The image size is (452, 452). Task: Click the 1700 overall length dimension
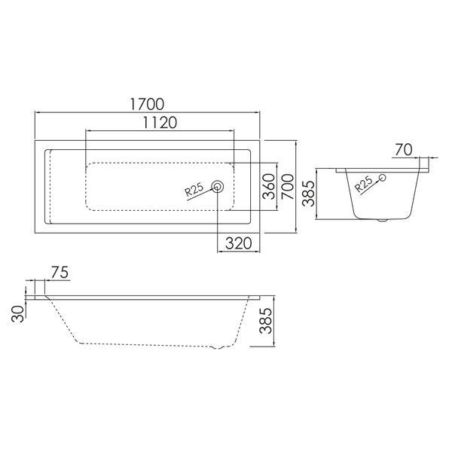pos(147,104)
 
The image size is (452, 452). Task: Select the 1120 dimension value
pos(160,123)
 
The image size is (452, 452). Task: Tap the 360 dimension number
pos(269,186)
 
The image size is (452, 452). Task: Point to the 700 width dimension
pos(288,187)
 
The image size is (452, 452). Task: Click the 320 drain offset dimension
pos(238,243)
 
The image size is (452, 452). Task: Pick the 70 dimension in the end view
pos(404,150)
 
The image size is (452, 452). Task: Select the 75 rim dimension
pos(60,273)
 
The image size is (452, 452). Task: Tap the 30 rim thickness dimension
pos(18,314)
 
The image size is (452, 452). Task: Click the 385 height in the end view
pos(308,194)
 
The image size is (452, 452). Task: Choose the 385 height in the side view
pos(265,321)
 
